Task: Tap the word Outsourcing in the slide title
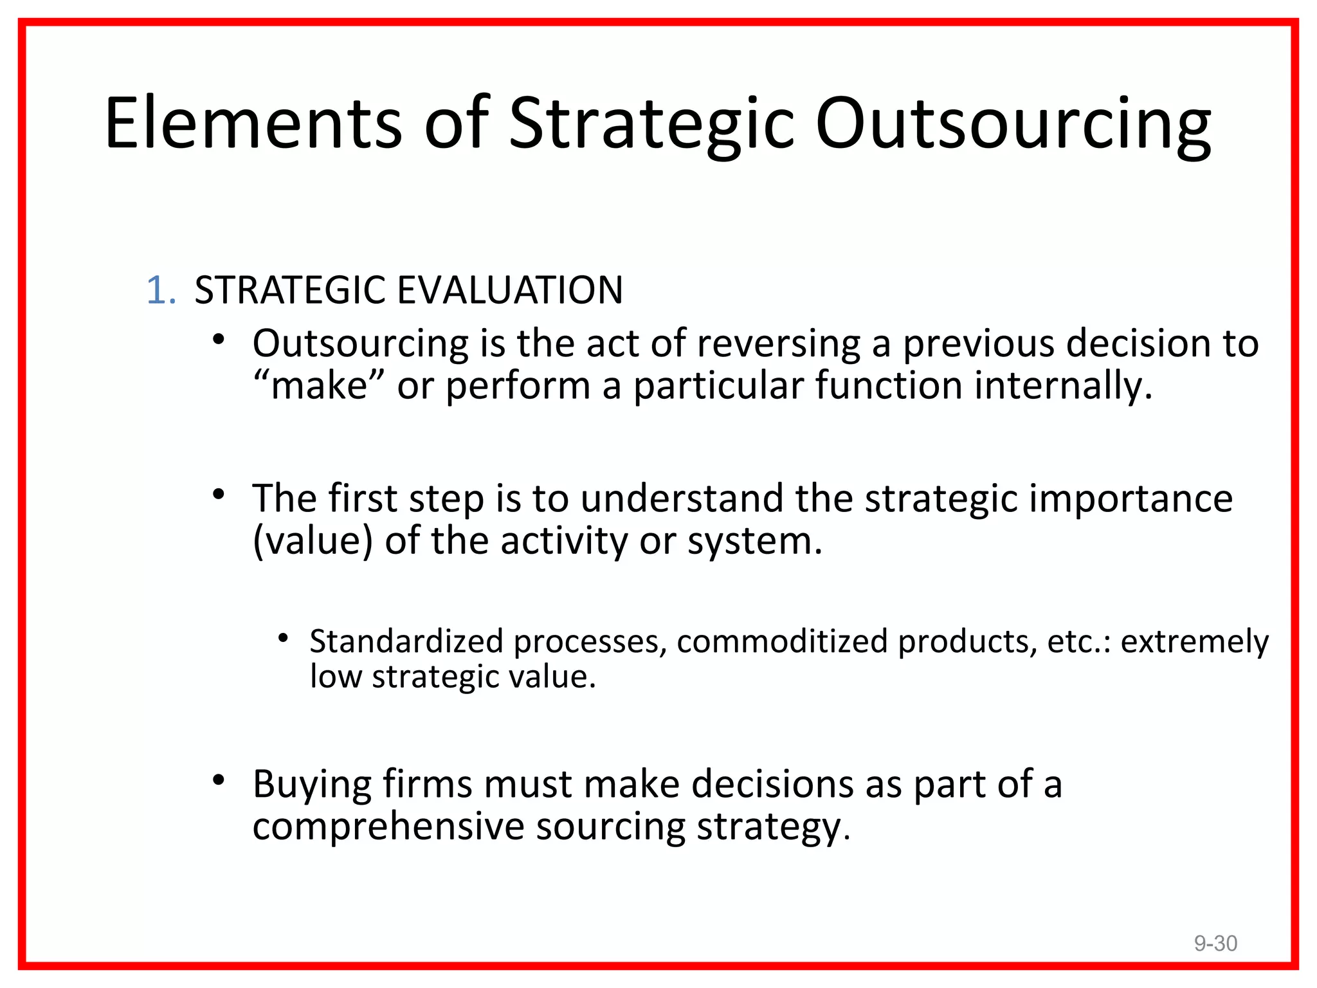[1012, 123]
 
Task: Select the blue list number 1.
[161, 290]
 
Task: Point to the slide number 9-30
[1215, 943]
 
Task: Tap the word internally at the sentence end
[1062, 386]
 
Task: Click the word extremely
[1194, 641]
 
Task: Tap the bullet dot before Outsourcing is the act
[219, 338]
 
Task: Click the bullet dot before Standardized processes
[282, 638]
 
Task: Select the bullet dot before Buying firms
[219, 780]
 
